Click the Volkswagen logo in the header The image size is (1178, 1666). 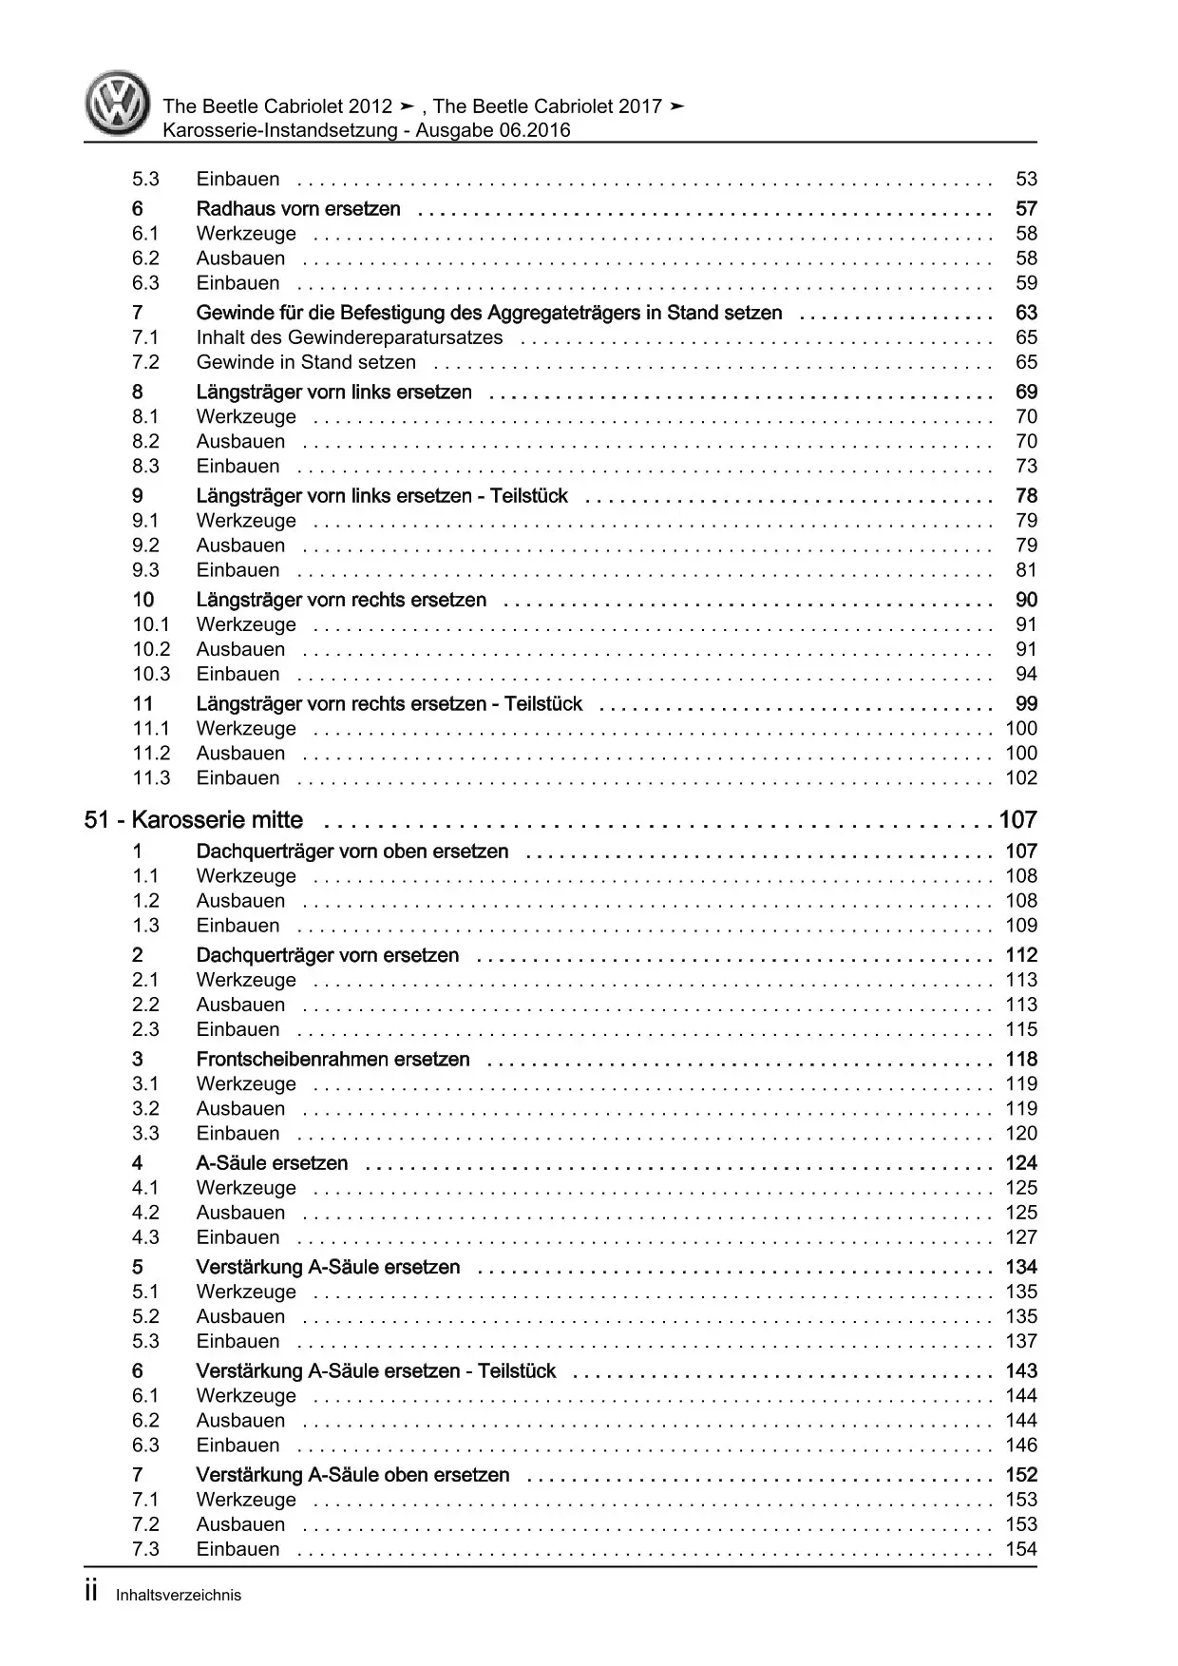117,104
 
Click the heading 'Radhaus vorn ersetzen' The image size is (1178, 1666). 297,209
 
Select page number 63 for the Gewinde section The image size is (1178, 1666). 1026,313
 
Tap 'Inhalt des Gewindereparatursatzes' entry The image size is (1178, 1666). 349,337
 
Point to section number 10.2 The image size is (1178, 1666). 151,649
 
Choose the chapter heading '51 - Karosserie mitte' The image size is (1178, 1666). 194,820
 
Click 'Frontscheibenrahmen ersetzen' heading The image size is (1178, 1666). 332,1060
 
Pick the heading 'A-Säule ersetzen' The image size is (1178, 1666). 272,1163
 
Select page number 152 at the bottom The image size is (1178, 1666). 1021,1475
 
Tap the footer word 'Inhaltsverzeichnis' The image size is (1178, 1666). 179,1596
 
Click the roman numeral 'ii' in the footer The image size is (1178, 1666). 91,1593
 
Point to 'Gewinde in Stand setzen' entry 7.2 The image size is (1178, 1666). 306,362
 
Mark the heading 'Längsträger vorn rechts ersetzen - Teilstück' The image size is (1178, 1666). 389,704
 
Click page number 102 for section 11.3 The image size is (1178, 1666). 1021,778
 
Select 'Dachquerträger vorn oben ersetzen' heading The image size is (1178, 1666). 351,852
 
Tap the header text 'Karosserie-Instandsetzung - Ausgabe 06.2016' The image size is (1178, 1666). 366,131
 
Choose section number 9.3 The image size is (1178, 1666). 145,570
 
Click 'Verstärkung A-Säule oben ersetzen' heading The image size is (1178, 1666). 352,1475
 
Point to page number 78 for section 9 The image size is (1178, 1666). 1026,496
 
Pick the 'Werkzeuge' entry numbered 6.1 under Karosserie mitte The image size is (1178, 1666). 246,1396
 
